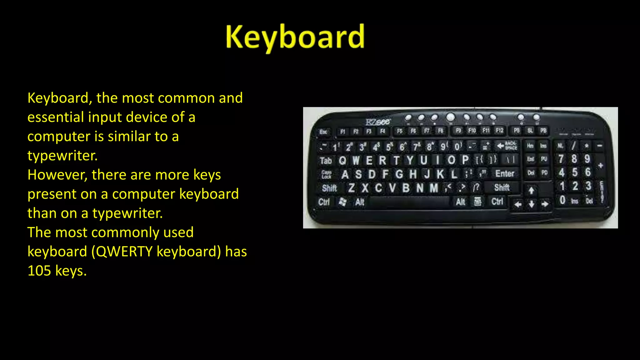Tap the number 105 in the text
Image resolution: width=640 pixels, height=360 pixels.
click(39, 271)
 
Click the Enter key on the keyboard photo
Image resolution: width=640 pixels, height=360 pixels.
click(504, 173)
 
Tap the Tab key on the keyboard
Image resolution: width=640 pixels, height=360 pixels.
click(325, 161)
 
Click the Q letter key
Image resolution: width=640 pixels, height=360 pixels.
click(342, 160)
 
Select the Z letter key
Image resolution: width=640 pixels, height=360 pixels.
click(351, 188)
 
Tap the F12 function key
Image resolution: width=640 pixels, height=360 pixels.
click(499, 130)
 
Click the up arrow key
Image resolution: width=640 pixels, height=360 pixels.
click(531, 190)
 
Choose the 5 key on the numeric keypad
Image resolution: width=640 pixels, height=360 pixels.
click(575, 172)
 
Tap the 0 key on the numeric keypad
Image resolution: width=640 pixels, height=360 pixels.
click(562, 200)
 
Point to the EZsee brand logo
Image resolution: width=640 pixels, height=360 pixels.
click(378, 122)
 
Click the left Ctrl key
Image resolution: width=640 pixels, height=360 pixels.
click(324, 202)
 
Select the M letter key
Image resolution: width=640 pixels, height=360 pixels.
click(433, 188)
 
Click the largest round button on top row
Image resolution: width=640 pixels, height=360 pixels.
click(450, 117)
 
